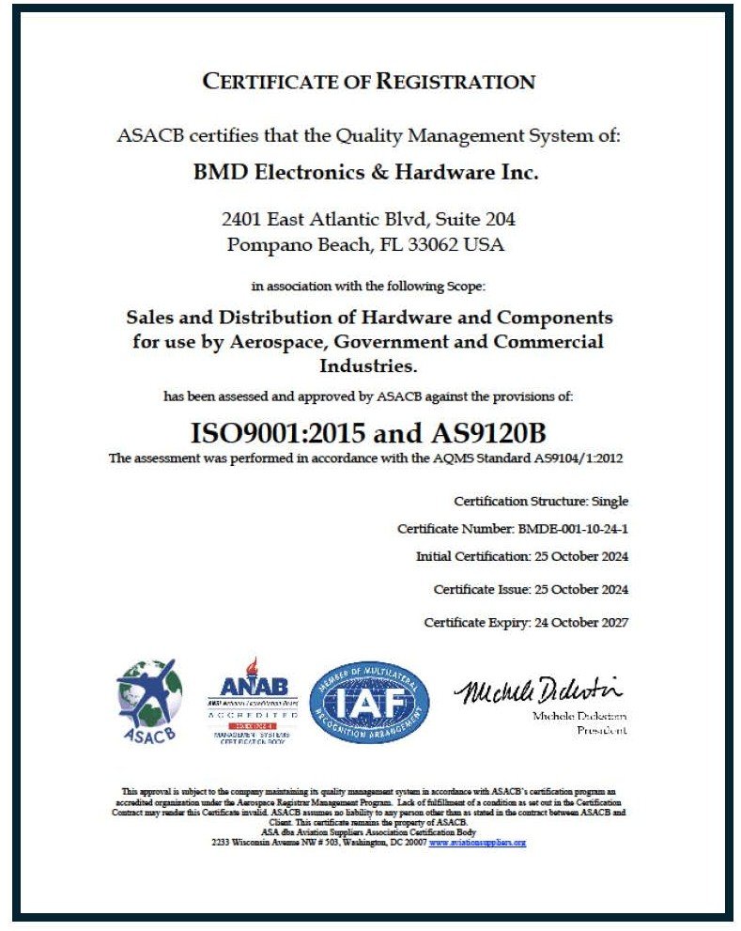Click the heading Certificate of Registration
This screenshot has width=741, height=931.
369,81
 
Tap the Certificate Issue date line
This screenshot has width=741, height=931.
531,589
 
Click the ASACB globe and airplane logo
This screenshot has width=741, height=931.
148,701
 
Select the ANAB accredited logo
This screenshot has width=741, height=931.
253,701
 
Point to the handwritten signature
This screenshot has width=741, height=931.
538,691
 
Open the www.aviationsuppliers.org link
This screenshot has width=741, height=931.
477,843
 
